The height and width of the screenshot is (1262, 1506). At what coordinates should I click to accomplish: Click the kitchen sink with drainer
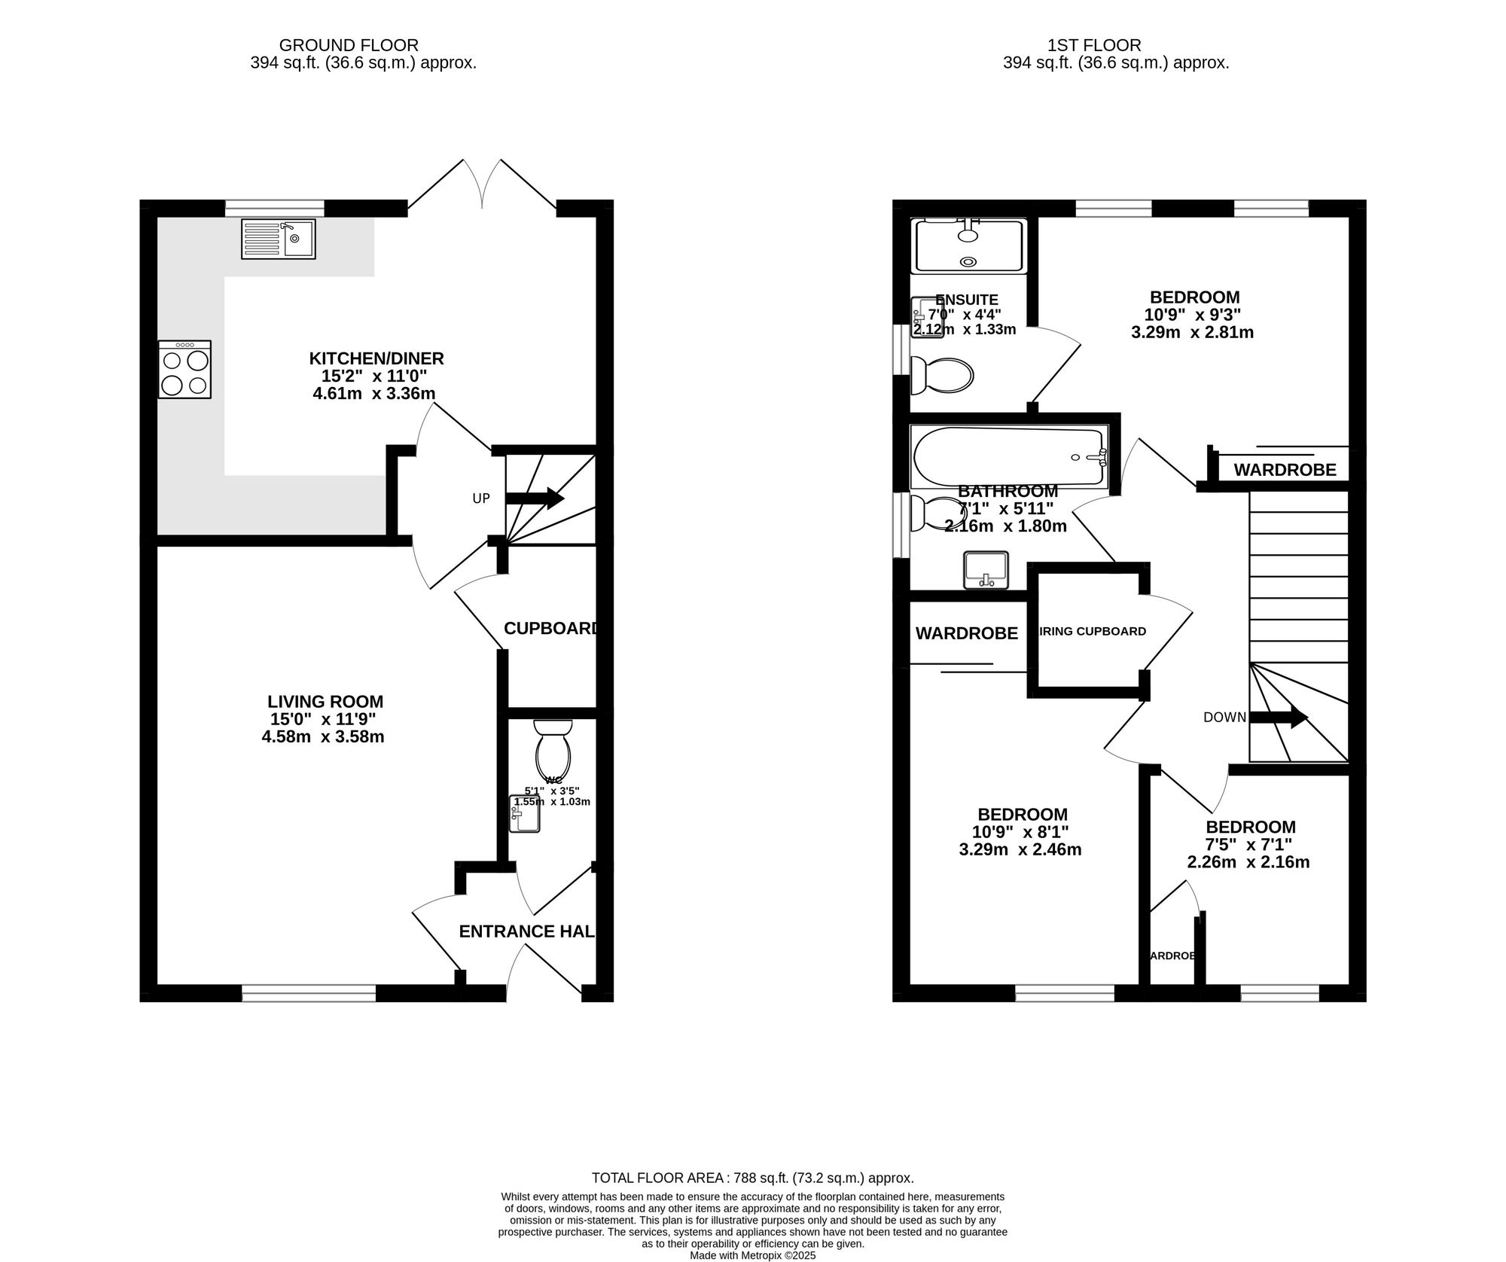coord(278,239)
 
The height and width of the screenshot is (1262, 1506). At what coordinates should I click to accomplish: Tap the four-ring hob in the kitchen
coord(184,369)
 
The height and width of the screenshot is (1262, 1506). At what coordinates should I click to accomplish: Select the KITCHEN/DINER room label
coord(376,358)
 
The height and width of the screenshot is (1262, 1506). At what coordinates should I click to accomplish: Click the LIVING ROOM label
coord(325,701)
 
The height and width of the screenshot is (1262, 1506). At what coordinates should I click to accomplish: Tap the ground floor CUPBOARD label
coord(550,628)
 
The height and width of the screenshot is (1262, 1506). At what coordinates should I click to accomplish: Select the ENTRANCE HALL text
coord(527,931)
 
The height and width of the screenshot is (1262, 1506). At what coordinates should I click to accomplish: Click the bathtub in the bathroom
coord(1008,457)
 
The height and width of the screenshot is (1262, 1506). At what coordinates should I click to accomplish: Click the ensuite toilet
coord(941,375)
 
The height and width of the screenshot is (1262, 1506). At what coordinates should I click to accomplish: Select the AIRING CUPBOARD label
coord(1092,631)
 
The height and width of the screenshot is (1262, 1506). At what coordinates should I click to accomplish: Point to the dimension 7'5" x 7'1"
coord(1250,844)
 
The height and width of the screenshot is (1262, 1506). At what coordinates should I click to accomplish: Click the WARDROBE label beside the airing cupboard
coord(966,633)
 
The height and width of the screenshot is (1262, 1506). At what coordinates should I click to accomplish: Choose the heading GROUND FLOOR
coord(349,45)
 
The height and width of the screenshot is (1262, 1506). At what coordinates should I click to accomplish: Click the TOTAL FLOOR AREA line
coord(752,1178)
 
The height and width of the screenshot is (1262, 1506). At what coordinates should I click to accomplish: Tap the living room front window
coord(309,994)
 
